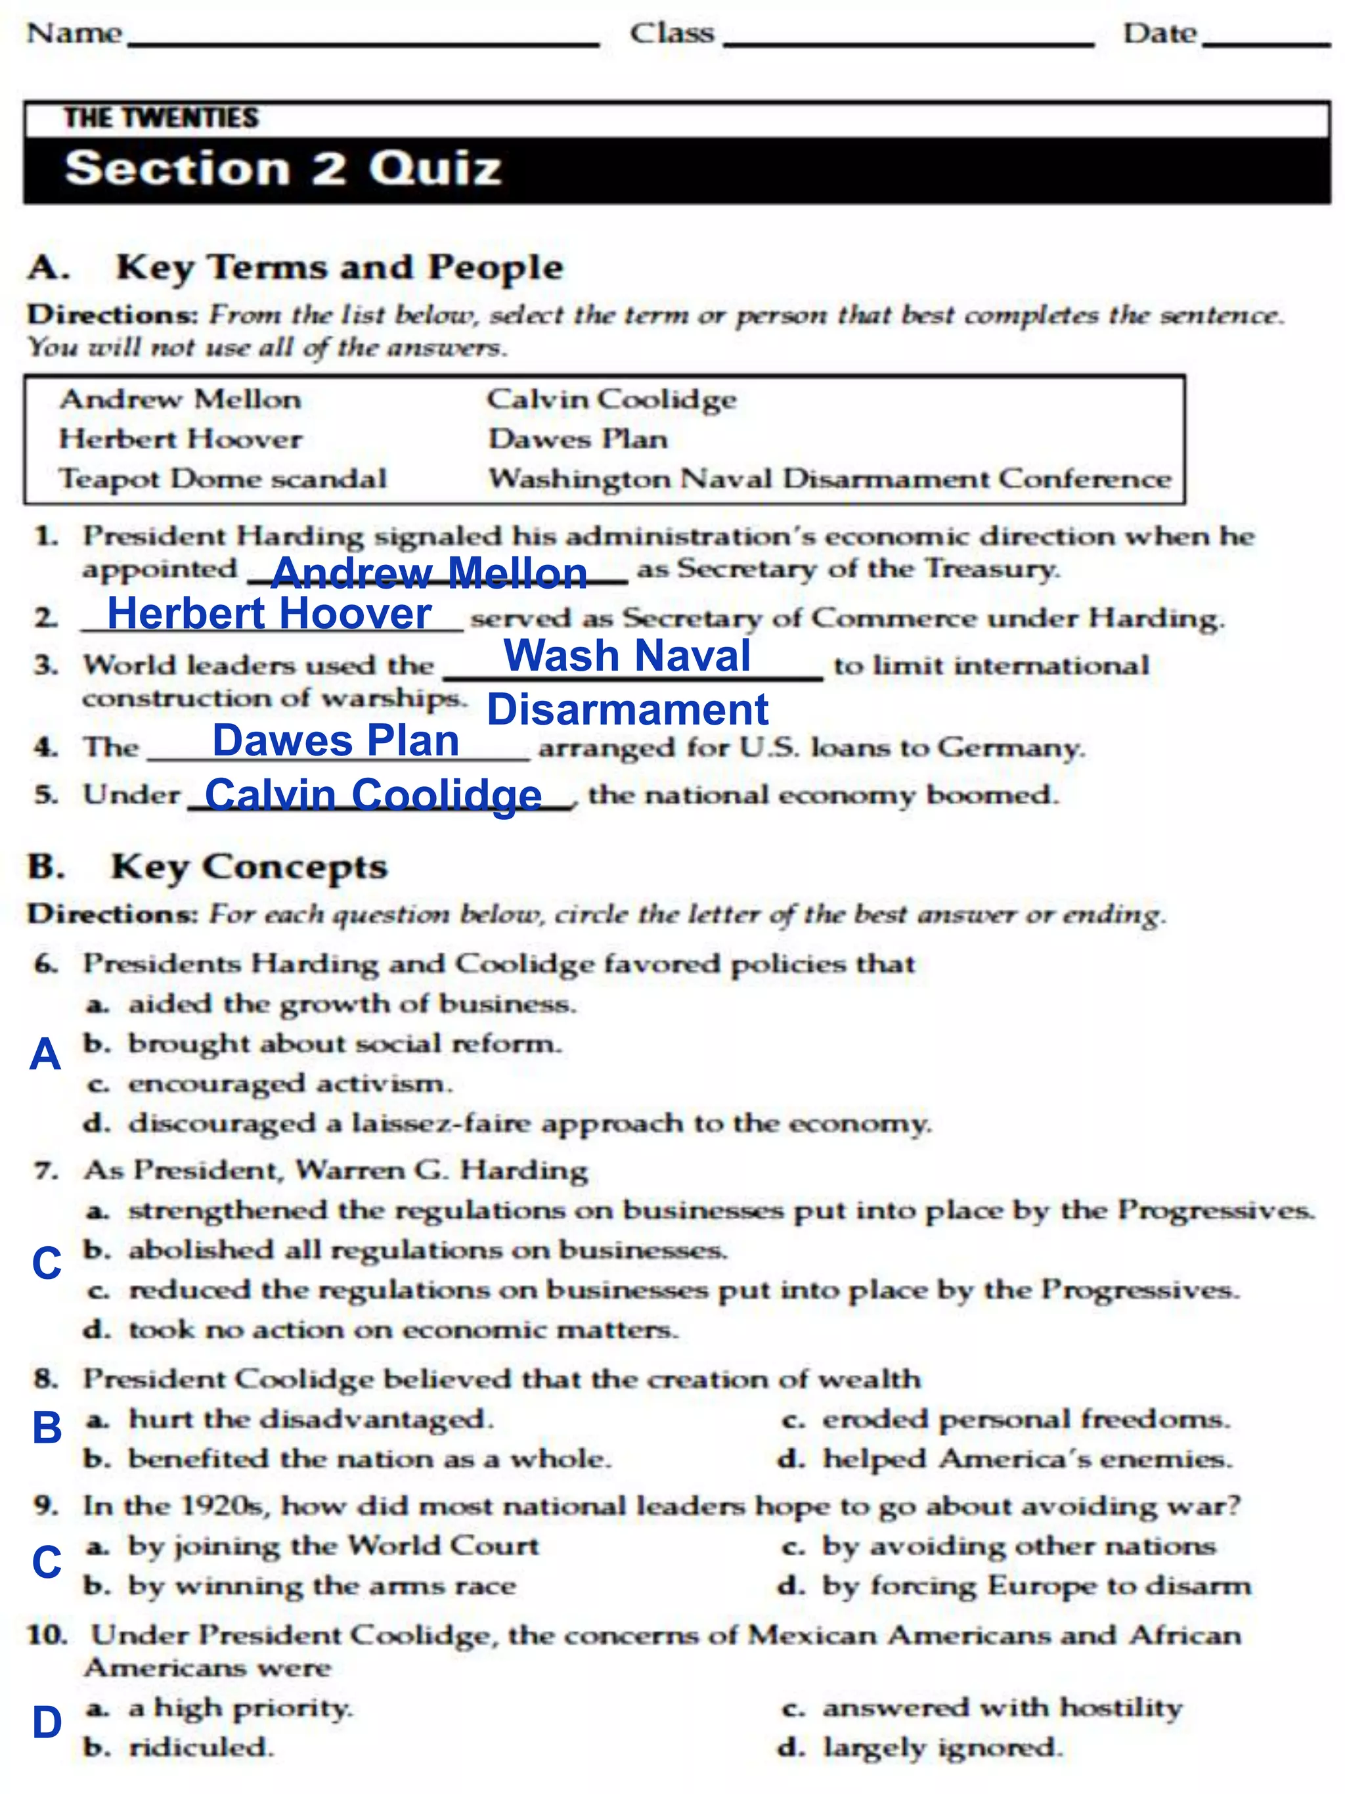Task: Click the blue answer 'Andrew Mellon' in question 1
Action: coord(429,573)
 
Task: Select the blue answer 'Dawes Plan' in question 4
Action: coord(336,740)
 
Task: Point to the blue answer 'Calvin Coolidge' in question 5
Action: coord(373,795)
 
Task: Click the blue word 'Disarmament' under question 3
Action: coord(627,709)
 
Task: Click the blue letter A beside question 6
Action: coord(45,1054)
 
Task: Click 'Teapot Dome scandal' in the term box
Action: coord(223,478)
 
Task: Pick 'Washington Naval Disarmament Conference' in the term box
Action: coord(829,478)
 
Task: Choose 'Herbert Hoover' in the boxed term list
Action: coord(180,439)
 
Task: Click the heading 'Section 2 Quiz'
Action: coord(283,169)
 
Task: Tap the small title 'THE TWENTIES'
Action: coord(162,118)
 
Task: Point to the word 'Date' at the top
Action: coord(1159,34)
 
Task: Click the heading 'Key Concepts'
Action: coord(249,867)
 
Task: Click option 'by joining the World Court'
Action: coord(333,1545)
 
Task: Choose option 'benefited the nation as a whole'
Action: coord(369,1458)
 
